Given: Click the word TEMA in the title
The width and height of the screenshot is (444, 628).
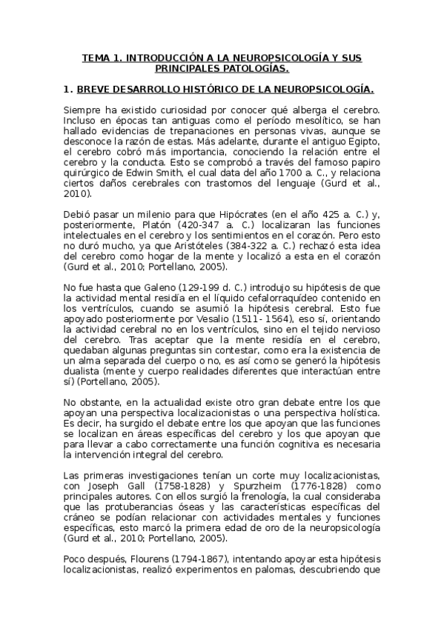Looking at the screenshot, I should pos(95,57).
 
